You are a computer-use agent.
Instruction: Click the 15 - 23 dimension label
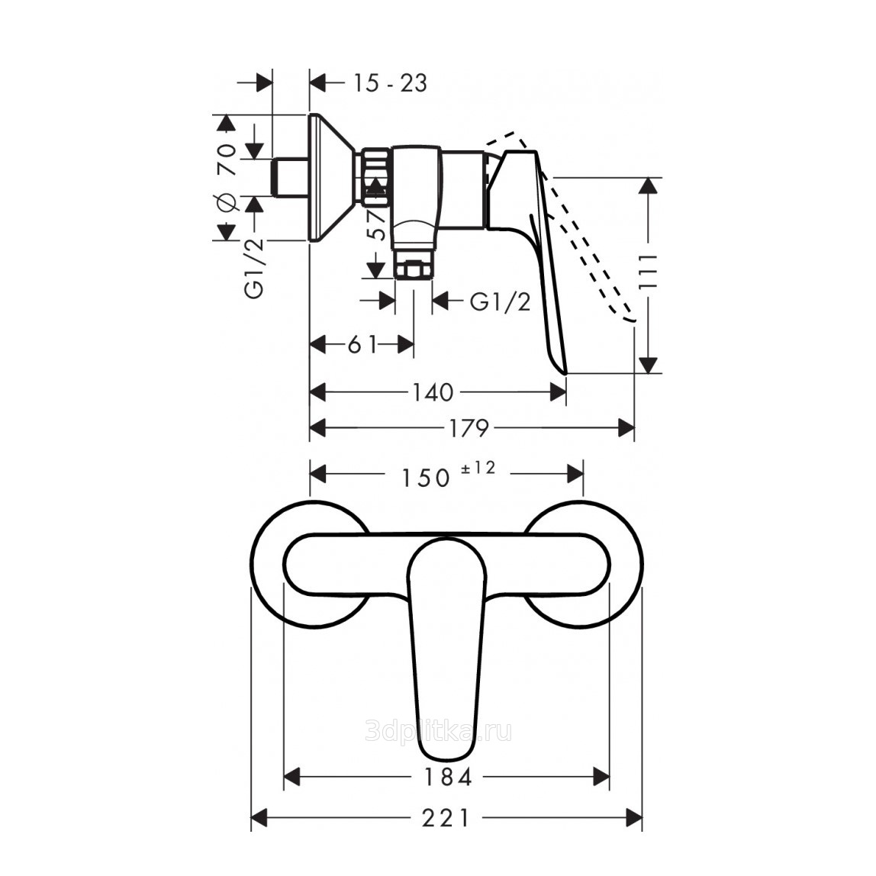tap(390, 83)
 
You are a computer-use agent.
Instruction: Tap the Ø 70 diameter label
tap(227, 178)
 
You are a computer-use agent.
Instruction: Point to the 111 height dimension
tap(648, 272)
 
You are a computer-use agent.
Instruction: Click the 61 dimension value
tap(363, 345)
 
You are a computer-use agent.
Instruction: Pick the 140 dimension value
tap(433, 392)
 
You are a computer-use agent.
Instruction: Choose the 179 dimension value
tap(470, 429)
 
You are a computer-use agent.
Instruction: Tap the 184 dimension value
tap(447, 777)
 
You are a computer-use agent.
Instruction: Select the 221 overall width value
tap(446, 819)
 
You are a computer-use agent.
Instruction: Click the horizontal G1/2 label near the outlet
tap(500, 301)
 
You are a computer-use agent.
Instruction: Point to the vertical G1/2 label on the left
tap(254, 268)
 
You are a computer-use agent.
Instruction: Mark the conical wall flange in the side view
tap(330, 178)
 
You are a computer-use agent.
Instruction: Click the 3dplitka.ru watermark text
tap(438, 732)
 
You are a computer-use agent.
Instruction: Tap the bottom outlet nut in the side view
tap(414, 270)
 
